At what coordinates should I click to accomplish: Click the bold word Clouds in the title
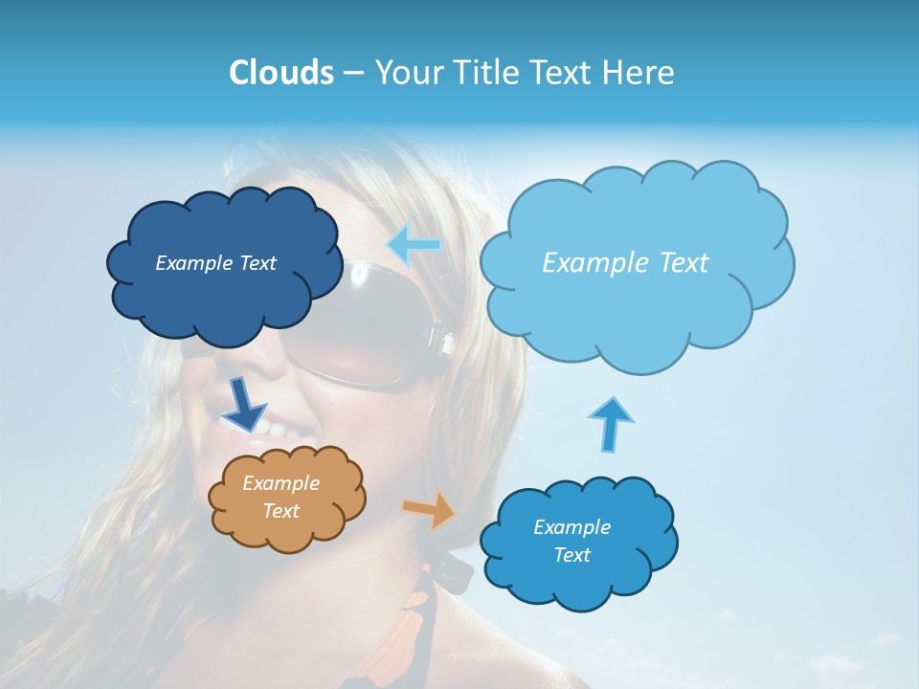tap(280, 72)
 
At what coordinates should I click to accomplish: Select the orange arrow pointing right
tap(431, 509)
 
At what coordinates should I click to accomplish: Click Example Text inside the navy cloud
tap(215, 263)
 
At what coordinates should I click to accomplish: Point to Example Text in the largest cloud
tap(625, 263)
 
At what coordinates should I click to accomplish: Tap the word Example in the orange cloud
tap(280, 483)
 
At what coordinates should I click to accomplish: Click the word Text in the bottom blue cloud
tap(572, 555)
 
